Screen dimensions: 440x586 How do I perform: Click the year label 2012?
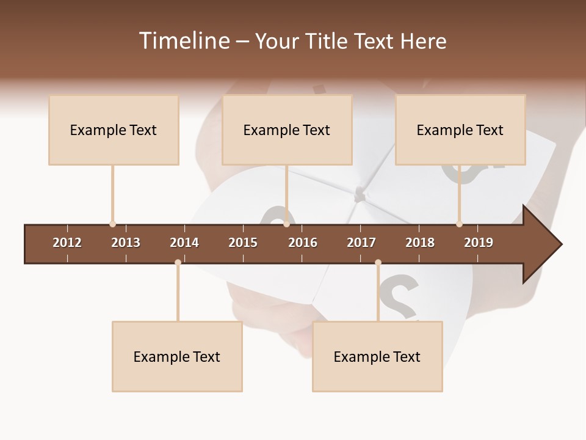pos(67,243)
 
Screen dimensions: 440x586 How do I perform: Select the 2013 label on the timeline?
pos(126,243)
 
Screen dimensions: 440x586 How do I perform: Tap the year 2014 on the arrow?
pos(184,243)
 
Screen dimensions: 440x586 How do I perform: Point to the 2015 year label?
pos(243,243)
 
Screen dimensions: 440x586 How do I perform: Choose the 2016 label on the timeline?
pos(303,243)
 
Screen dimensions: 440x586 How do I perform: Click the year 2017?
pos(361,243)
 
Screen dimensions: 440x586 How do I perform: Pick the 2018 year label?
pos(420,243)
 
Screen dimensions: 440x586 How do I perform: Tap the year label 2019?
pos(479,243)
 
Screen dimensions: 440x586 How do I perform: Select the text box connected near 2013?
pos(114,130)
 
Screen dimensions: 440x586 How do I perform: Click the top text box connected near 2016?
pos(287,130)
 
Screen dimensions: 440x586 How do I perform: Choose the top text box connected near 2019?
pos(460,130)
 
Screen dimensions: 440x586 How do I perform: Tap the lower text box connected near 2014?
pos(177,356)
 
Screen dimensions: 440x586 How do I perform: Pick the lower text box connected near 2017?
pos(377,356)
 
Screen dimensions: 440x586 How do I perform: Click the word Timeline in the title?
pos(183,41)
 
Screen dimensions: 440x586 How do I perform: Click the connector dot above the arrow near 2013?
pos(112,224)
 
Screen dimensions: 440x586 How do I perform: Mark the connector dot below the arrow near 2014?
pos(178,263)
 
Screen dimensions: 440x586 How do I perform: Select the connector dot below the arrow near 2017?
pos(378,263)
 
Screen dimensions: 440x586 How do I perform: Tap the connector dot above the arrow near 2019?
pos(459,224)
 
